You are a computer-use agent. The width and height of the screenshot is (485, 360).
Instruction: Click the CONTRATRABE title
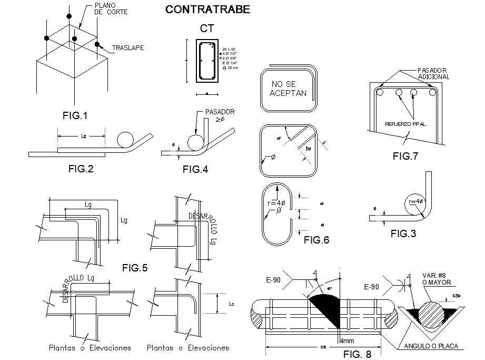point(208,9)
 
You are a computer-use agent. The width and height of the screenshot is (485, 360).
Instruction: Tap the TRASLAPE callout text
point(128,48)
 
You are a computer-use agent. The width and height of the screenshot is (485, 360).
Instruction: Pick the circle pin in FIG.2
point(125,139)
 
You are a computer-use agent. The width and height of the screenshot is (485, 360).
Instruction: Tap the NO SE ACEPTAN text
point(288,89)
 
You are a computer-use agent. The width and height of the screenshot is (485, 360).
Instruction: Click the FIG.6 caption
point(316,240)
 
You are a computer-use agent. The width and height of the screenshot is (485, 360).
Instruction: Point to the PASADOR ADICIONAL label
point(433,73)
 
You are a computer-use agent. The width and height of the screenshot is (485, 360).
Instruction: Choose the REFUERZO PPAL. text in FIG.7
point(406,125)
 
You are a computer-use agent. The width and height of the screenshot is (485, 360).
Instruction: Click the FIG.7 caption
point(405,156)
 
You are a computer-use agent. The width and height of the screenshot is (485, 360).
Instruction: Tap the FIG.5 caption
point(135,268)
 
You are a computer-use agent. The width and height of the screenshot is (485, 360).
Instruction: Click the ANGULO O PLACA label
point(427,346)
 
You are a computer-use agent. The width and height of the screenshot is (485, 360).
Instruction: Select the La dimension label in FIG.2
point(83,137)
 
